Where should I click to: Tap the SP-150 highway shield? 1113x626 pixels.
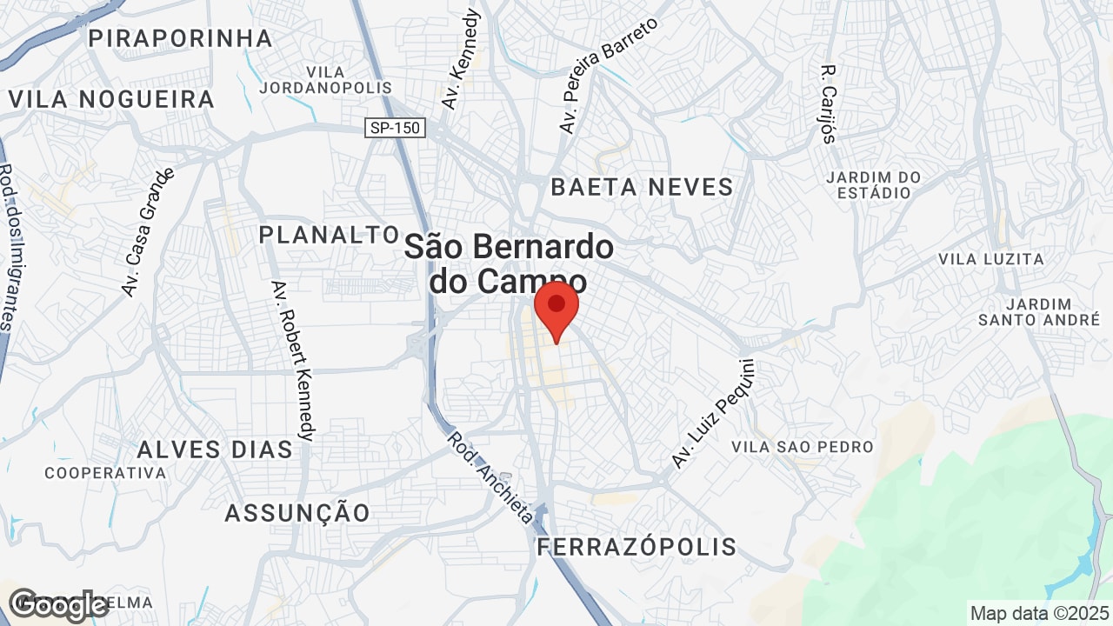(x=395, y=128)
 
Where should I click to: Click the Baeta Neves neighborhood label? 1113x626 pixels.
(x=643, y=187)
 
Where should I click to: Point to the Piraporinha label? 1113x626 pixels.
(x=181, y=38)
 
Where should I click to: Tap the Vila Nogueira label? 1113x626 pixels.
(x=111, y=99)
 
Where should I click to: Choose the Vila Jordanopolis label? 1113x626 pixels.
(x=325, y=80)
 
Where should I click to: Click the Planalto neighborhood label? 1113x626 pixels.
(x=329, y=235)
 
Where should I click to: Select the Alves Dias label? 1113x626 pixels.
(x=215, y=450)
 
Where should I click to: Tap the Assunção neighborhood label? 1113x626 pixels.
(x=297, y=513)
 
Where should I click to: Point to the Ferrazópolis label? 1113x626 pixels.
(x=636, y=547)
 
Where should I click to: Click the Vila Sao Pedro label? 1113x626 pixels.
(x=802, y=447)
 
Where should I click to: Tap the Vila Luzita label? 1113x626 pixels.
(x=990, y=259)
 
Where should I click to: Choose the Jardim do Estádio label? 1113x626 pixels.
(x=873, y=184)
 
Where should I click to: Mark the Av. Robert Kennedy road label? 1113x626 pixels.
(x=293, y=360)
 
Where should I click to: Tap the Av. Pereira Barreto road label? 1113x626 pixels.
(x=608, y=75)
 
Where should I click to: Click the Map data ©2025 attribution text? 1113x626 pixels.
(x=1038, y=613)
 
